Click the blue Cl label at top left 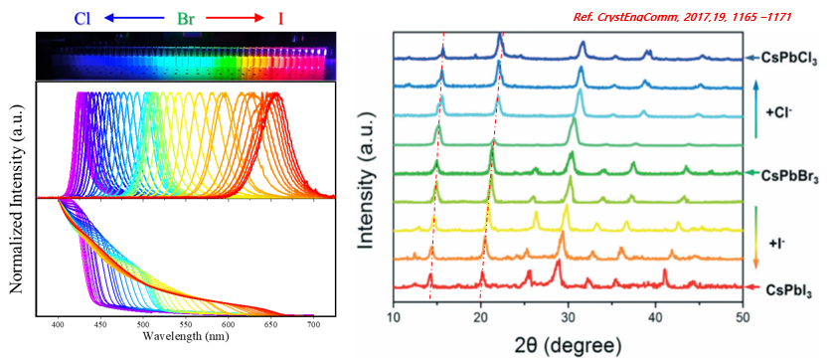pos(83,19)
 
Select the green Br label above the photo pos(185,19)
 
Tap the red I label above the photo pos(280,19)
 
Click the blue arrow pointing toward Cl pos(134,18)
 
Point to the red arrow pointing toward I pos(235,18)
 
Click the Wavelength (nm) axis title pos(186,336)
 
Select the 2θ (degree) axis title pos(567,346)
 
